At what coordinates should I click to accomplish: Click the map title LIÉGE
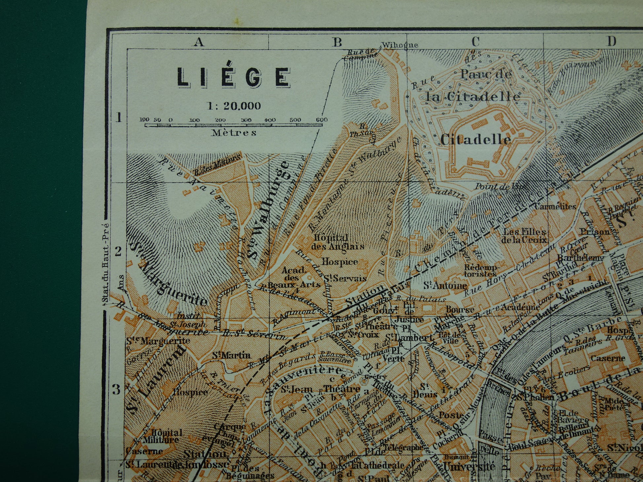pos(233,77)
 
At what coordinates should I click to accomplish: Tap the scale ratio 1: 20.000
pos(234,106)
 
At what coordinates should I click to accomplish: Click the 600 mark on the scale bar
pos(321,120)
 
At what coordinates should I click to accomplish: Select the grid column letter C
pos(475,42)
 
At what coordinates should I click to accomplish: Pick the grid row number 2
pos(118,252)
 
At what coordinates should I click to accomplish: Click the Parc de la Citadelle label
pos(473,86)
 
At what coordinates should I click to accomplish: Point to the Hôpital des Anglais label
pos(338,242)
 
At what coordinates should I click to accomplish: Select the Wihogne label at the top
pos(399,45)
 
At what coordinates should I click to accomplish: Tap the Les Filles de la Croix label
pos(524,235)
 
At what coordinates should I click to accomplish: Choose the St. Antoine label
pos(445,285)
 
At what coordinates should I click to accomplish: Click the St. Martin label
pos(231,356)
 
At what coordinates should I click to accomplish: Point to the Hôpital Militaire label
pos(161,436)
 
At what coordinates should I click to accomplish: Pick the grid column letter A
pos(198,42)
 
